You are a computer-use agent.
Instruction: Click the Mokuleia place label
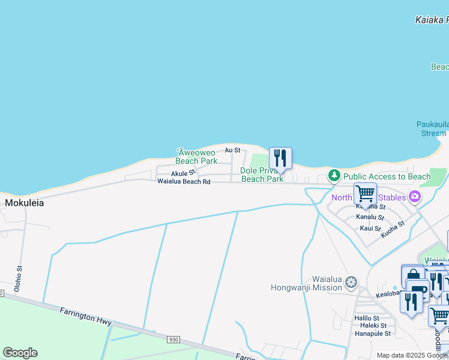pos(25,203)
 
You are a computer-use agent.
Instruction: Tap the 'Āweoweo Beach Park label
pos(196,157)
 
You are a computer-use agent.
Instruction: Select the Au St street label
pos(232,150)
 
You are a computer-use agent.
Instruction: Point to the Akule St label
pos(184,173)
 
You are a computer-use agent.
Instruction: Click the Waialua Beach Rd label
pos(184,181)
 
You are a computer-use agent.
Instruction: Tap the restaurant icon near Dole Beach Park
pos(280,158)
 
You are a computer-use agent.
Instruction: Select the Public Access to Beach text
pos(387,176)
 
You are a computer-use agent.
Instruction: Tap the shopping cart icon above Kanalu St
pos(365,194)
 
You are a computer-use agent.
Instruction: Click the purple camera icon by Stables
pos(414,196)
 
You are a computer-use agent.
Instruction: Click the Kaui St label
pos(370,229)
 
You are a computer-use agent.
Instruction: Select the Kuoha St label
pos(393,230)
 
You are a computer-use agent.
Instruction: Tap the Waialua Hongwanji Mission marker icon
pos(351,281)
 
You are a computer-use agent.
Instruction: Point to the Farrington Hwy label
pos(85,316)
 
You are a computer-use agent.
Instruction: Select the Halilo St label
pos(367,318)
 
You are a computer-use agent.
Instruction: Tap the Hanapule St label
pos(372,334)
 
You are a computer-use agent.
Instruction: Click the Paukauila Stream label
pos(432,129)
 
